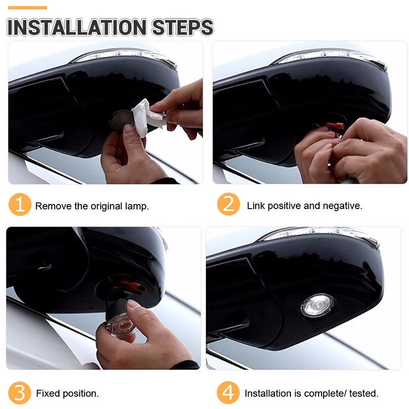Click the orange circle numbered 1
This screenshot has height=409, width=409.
click(20, 204)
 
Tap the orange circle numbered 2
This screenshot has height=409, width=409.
click(229, 204)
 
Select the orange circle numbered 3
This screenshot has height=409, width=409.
click(19, 393)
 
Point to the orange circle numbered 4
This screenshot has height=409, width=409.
click(228, 393)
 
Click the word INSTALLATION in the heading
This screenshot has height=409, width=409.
click(77, 27)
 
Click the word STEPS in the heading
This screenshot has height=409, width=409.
click(183, 27)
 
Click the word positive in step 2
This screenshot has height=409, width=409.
click(284, 206)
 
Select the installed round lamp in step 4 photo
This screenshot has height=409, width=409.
click(317, 306)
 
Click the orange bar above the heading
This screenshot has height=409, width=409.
click(28, 8)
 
